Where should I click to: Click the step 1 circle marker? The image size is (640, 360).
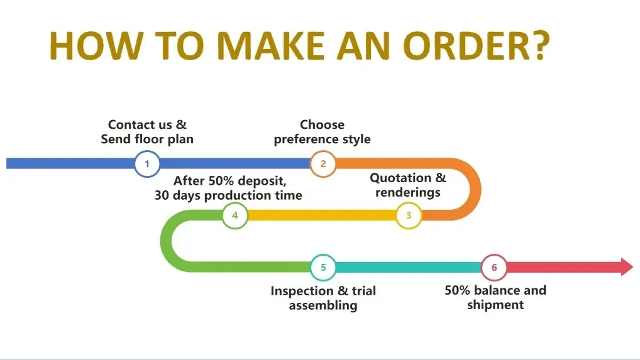point(147,165)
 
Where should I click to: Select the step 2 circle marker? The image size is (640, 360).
point(323,165)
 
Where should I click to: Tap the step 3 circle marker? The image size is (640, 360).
point(408,216)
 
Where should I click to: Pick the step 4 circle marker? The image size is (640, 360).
point(235,216)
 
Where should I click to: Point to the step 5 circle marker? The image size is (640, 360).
point(323,268)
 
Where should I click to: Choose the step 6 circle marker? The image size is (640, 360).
point(494,268)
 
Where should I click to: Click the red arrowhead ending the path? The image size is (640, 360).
point(627,266)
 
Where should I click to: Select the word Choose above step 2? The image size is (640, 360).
point(322,125)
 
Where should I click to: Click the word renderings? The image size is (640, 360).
point(408,193)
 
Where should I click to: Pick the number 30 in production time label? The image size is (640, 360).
point(163,195)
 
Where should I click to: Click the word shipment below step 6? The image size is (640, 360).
point(495,305)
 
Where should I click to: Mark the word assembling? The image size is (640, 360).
point(323,306)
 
